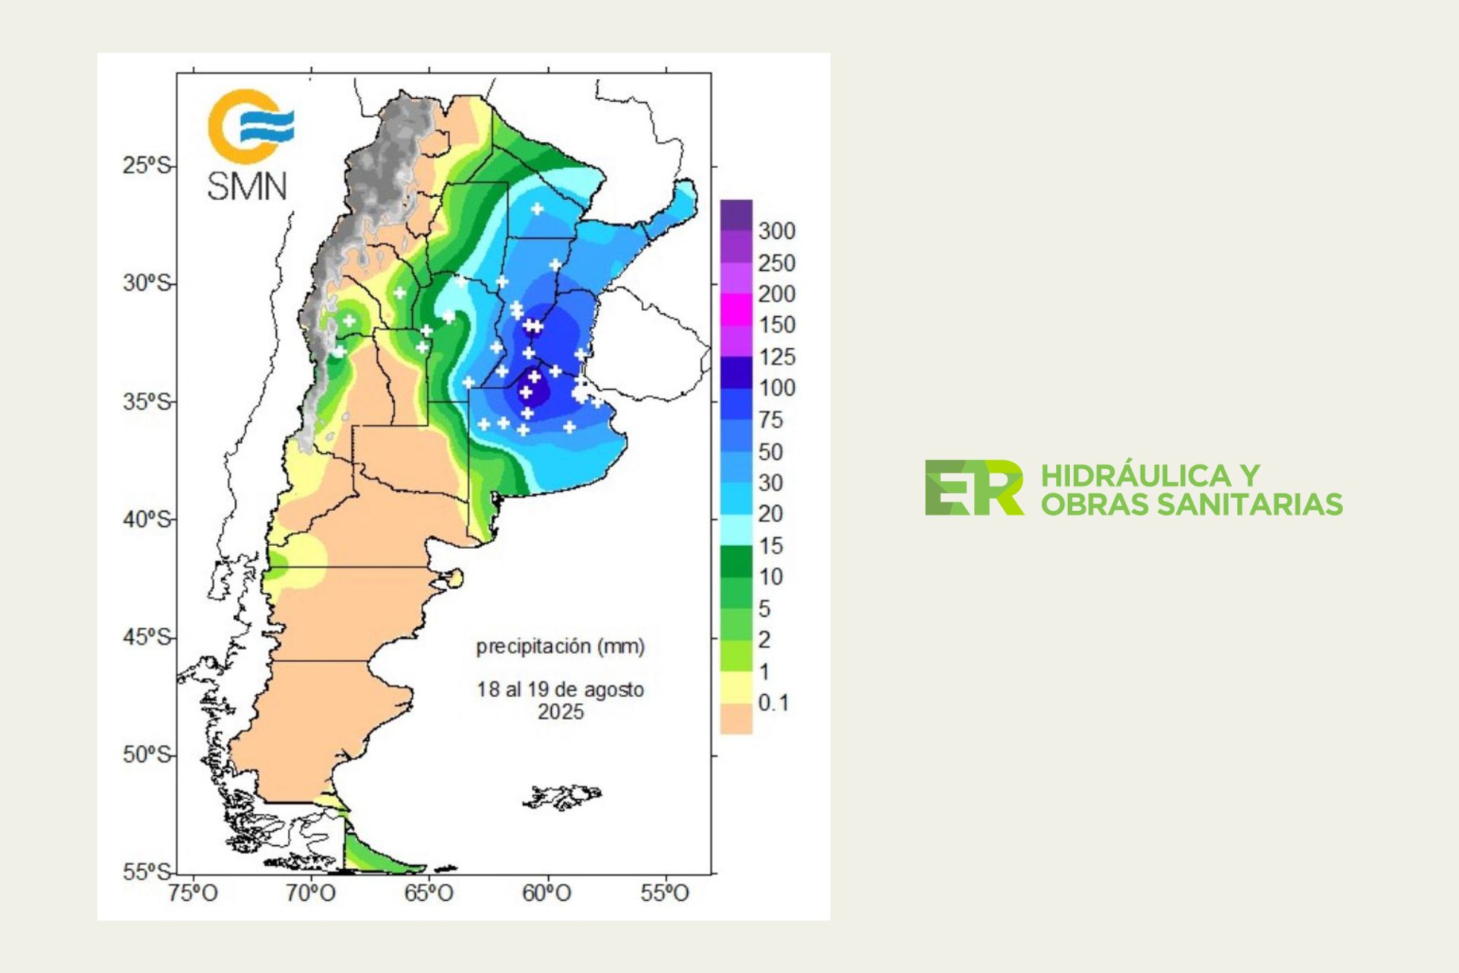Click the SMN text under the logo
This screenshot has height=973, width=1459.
[x=247, y=186]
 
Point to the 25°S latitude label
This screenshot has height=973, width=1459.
[x=147, y=165]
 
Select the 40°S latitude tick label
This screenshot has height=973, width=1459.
[x=147, y=520]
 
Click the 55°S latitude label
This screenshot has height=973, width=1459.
[x=147, y=872]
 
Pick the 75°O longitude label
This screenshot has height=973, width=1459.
[x=193, y=893]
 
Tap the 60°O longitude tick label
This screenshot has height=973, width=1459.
[x=546, y=893]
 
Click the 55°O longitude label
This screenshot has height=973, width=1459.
[x=665, y=893]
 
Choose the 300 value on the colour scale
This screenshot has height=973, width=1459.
[x=777, y=231]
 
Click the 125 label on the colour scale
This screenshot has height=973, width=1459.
[x=777, y=357]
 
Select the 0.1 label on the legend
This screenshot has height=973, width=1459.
[x=774, y=703]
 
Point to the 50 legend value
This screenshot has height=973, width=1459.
[x=771, y=452]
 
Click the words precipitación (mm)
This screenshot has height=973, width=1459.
[x=561, y=647]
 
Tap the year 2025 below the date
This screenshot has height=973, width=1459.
[x=561, y=712]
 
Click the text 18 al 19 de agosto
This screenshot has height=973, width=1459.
[x=561, y=690]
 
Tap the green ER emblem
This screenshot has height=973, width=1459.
[x=973, y=488]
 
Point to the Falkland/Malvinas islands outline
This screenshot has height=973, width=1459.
[x=562, y=796]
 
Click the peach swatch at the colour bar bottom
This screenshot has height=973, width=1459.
[x=736, y=718]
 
